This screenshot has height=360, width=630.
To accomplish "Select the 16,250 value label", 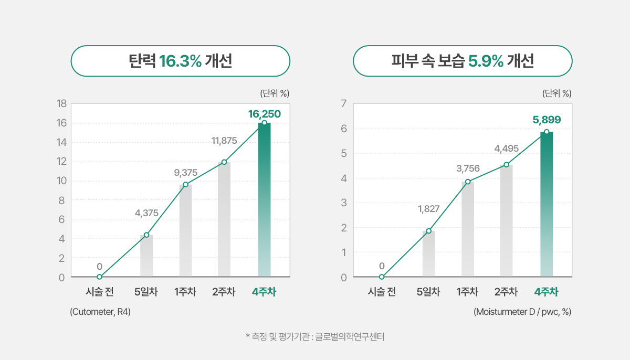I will click(x=264, y=113).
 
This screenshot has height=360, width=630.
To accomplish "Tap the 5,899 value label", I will click(x=547, y=120).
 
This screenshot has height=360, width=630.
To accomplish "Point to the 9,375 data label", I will click(x=186, y=172).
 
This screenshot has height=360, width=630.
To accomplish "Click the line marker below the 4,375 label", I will click(x=146, y=235).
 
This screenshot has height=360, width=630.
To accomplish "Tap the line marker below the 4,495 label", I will click(x=506, y=165).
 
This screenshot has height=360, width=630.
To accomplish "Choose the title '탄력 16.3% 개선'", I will click(x=180, y=61).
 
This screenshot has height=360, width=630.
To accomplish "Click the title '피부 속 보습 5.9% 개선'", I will click(x=463, y=61).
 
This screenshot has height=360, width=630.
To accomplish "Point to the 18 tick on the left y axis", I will click(x=61, y=104).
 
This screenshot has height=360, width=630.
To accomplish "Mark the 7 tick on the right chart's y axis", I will click(x=343, y=104).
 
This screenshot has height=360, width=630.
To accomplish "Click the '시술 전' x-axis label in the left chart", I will click(x=100, y=292).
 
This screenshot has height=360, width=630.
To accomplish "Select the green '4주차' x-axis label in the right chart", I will click(x=547, y=292).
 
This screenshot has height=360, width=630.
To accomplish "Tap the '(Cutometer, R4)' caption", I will click(x=100, y=312).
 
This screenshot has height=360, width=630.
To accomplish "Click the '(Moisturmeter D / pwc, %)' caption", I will click(x=522, y=312).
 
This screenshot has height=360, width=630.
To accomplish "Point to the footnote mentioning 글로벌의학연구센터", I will click(x=315, y=336).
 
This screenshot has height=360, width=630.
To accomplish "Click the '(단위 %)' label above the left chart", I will click(x=275, y=93).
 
